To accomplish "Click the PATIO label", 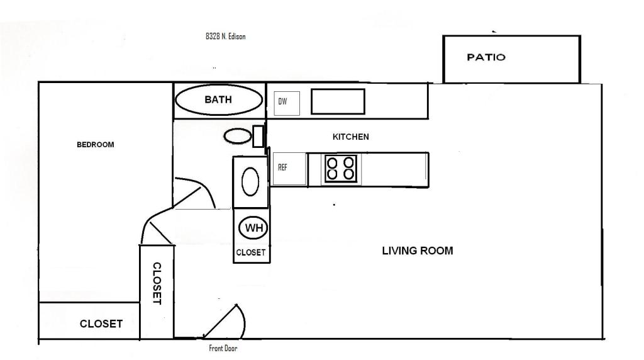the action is (486, 57).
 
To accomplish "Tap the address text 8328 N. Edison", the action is (226, 36).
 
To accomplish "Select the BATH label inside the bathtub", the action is (218, 99).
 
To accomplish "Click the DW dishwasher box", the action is (287, 103).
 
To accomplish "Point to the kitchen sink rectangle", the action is (338, 101).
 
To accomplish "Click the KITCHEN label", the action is (351, 137).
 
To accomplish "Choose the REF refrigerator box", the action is (289, 169).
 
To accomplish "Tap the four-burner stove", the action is (340, 169).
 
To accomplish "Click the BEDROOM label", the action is (96, 145).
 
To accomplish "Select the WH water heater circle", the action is (254, 227).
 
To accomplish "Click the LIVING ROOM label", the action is (418, 250).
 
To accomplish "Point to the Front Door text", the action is (223, 349).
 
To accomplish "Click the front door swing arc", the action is (242, 318).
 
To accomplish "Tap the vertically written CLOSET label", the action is (157, 284).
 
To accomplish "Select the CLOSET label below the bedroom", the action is (101, 324).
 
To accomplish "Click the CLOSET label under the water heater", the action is (250, 252).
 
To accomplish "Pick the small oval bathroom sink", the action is (237, 136).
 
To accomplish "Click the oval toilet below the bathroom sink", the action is (250, 182).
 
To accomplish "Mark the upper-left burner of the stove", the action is (332, 162).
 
